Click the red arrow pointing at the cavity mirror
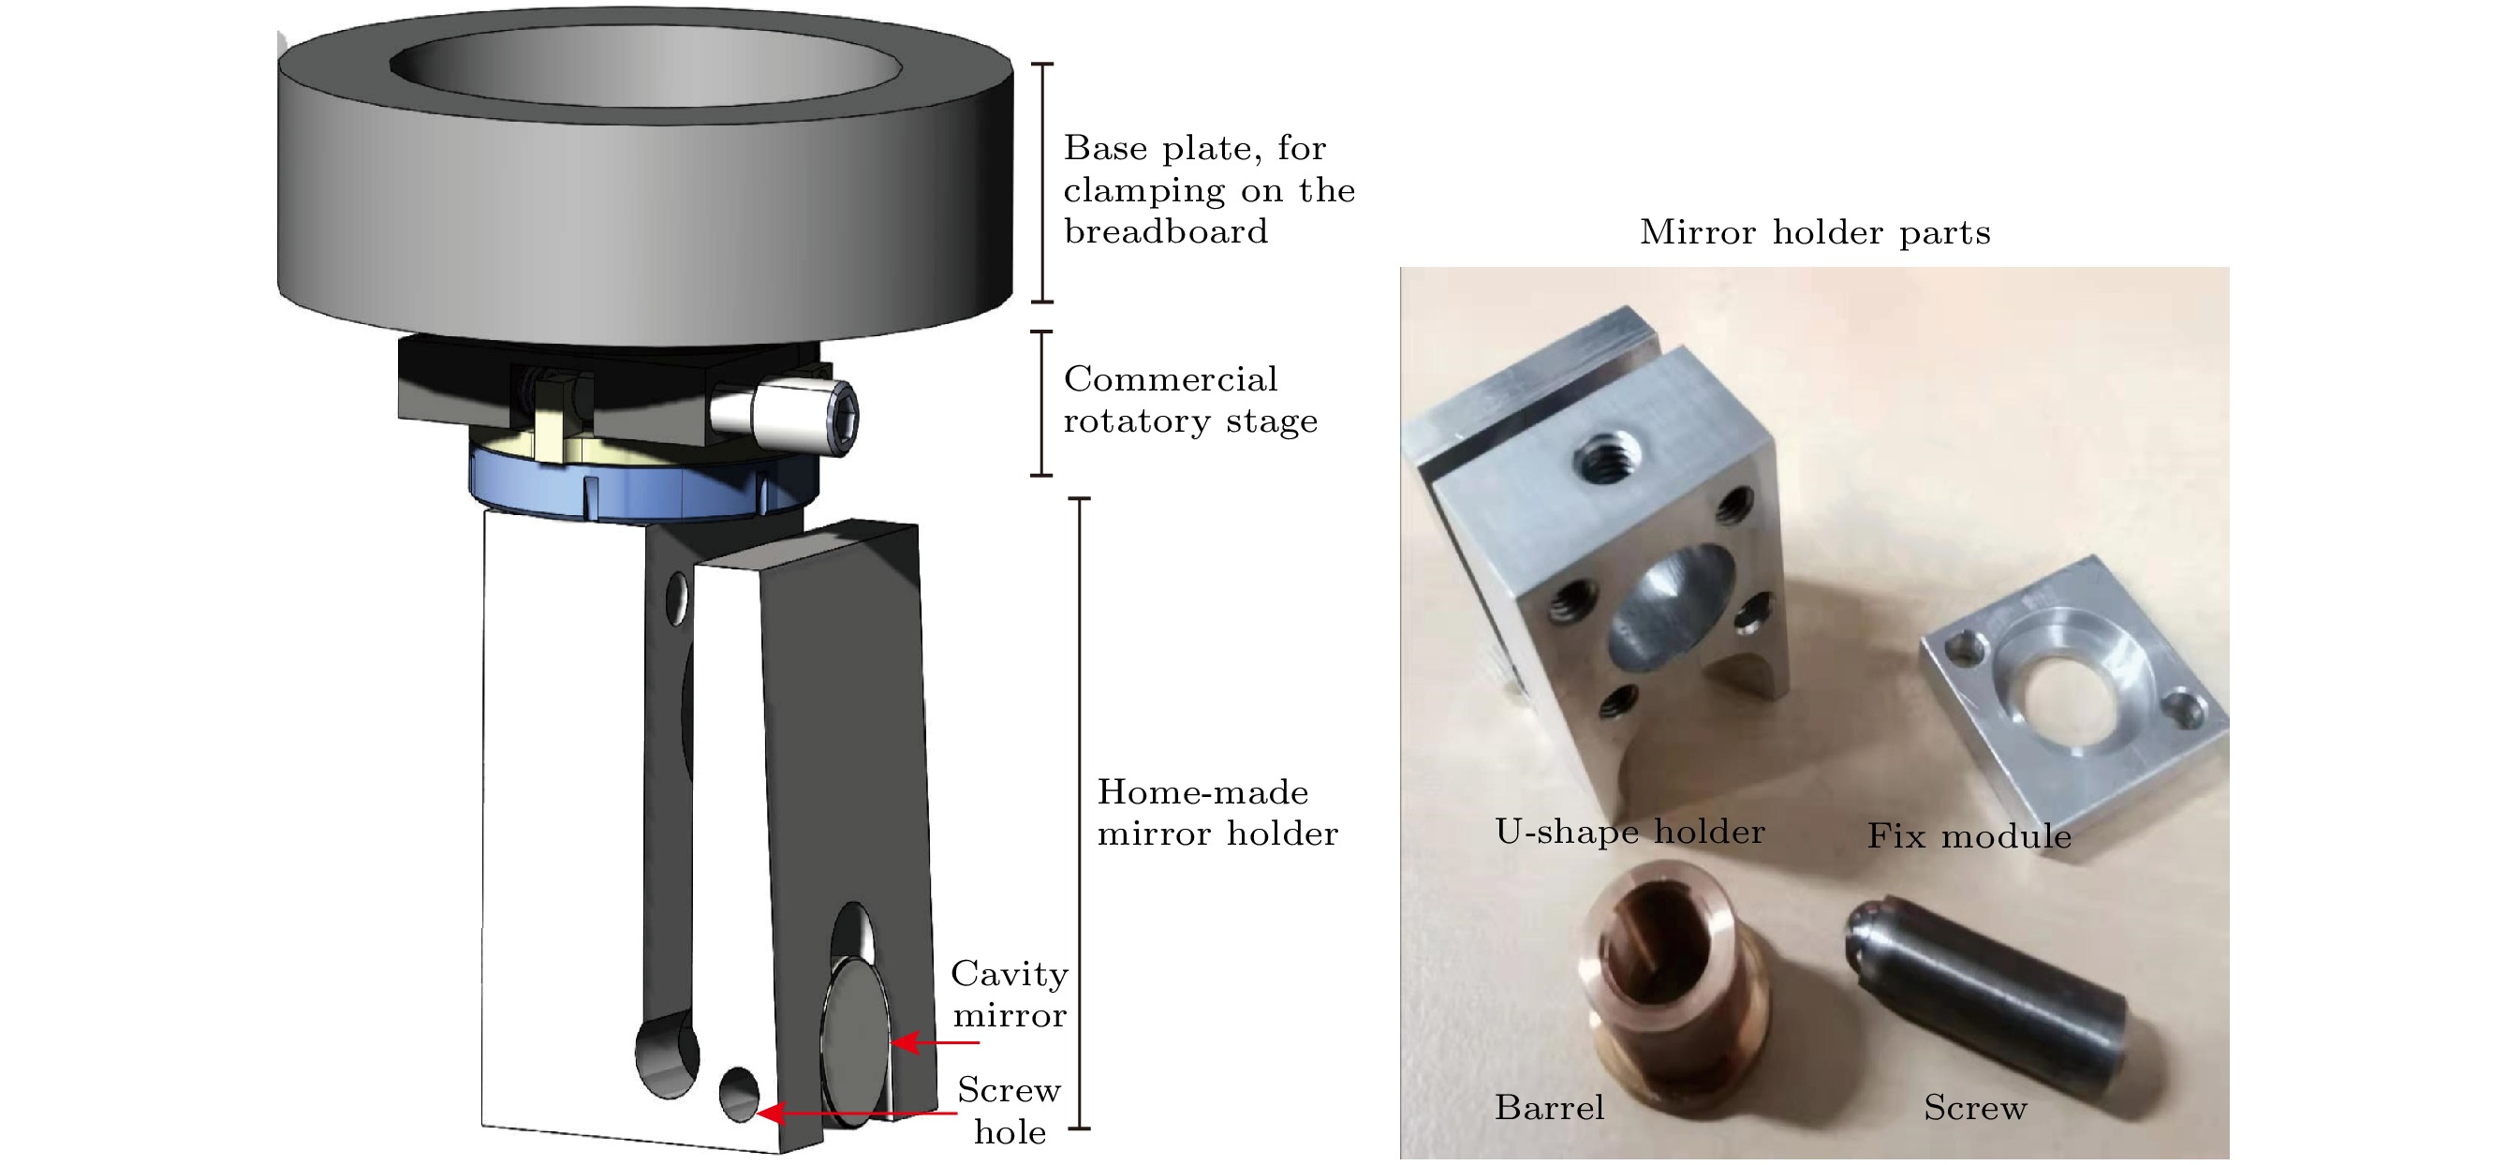pyautogui.click(x=936, y=1042)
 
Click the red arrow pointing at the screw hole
pyautogui.click(x=857, y=1113)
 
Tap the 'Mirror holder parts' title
pyautogui.click(x=1814, y=231)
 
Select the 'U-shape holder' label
pyautogui.click(x=1630, y=832)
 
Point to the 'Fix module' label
pyautogui.click(x=1969, y=835)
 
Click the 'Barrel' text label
pyautogui.click(x=1549, y=1108)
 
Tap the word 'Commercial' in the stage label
pyautogui.click(x=1170, y=378)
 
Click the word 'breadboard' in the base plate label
pyautogui.click(x=1165, y=231)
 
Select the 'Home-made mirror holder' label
pyautogui.click(x=1217, y=813)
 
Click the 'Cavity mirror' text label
pyautogui.click(x=1010, y=994)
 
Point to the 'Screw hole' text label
pyautogui.click(x=1010, y=1111)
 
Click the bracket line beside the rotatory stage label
pyautogui.click(x=1041, y=403)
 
